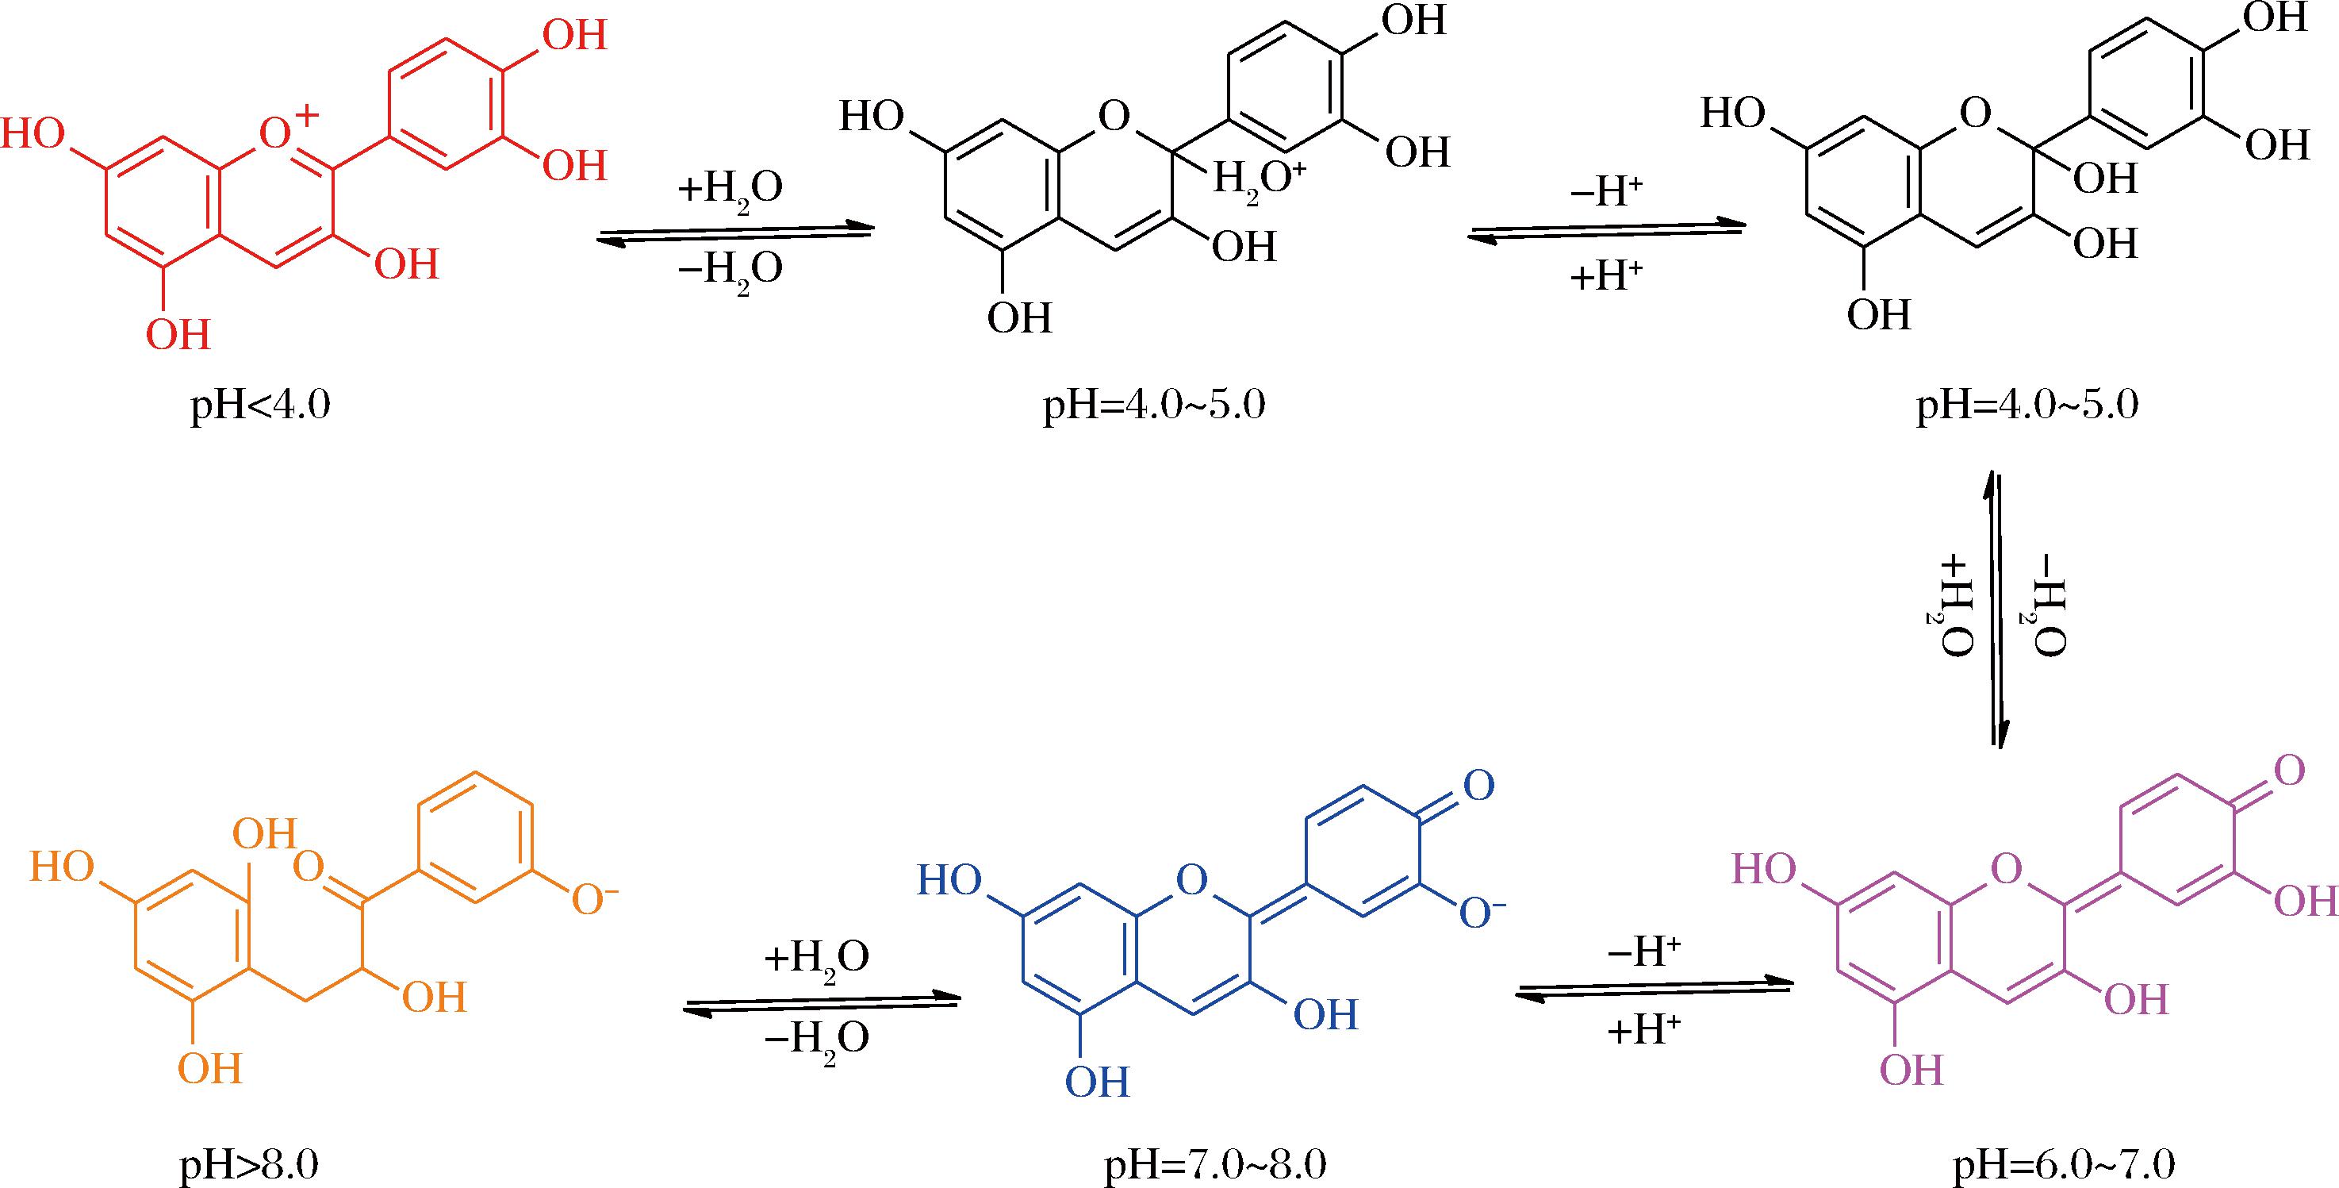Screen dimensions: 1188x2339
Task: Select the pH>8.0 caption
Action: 249,1164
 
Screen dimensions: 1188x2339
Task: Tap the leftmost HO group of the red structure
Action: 33,134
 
